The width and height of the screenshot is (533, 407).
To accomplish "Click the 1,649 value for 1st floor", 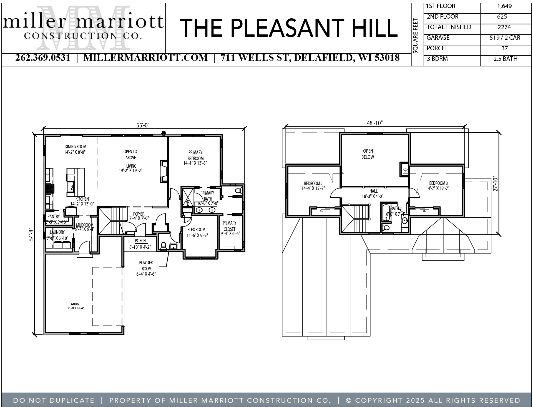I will pyautogui.click(x=504, y=6).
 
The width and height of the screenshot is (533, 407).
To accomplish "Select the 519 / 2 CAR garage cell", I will pyautogui.click(x=505, y=38).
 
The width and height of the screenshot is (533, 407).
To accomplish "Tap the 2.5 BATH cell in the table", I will pyautogui.click(x=505, y=59).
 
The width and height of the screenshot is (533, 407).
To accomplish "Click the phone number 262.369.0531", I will pyautogui.click(x=43, y=58).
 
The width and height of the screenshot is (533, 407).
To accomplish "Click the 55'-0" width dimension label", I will pyautogui.click(x=143, y=125).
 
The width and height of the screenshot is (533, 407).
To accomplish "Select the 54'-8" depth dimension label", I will pyautogui.click(x=31, y=234).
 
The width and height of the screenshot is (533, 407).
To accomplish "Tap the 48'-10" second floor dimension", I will pyautogui.click(x=374, y=123).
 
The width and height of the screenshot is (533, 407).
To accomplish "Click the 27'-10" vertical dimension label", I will pyautogui.click(x=495, y=184).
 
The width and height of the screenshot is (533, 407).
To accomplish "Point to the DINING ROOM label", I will pyautogui.click(x=75, y=147).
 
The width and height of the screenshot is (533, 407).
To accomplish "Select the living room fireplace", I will pyautogui.click(x=164, y=171).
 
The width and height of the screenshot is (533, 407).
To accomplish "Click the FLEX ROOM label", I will pyautogui.click(x=196, y=230).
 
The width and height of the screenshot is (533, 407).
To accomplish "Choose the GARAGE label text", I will pyautogui.click(x=75, y=304).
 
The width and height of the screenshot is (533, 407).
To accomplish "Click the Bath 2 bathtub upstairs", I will pyautogui.click(x=386, y=213).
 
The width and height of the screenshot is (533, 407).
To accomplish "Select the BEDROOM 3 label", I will pyautogui.click(x=438, y=183).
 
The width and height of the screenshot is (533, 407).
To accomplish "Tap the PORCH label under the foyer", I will pyautogui.click(x=140, y=241).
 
